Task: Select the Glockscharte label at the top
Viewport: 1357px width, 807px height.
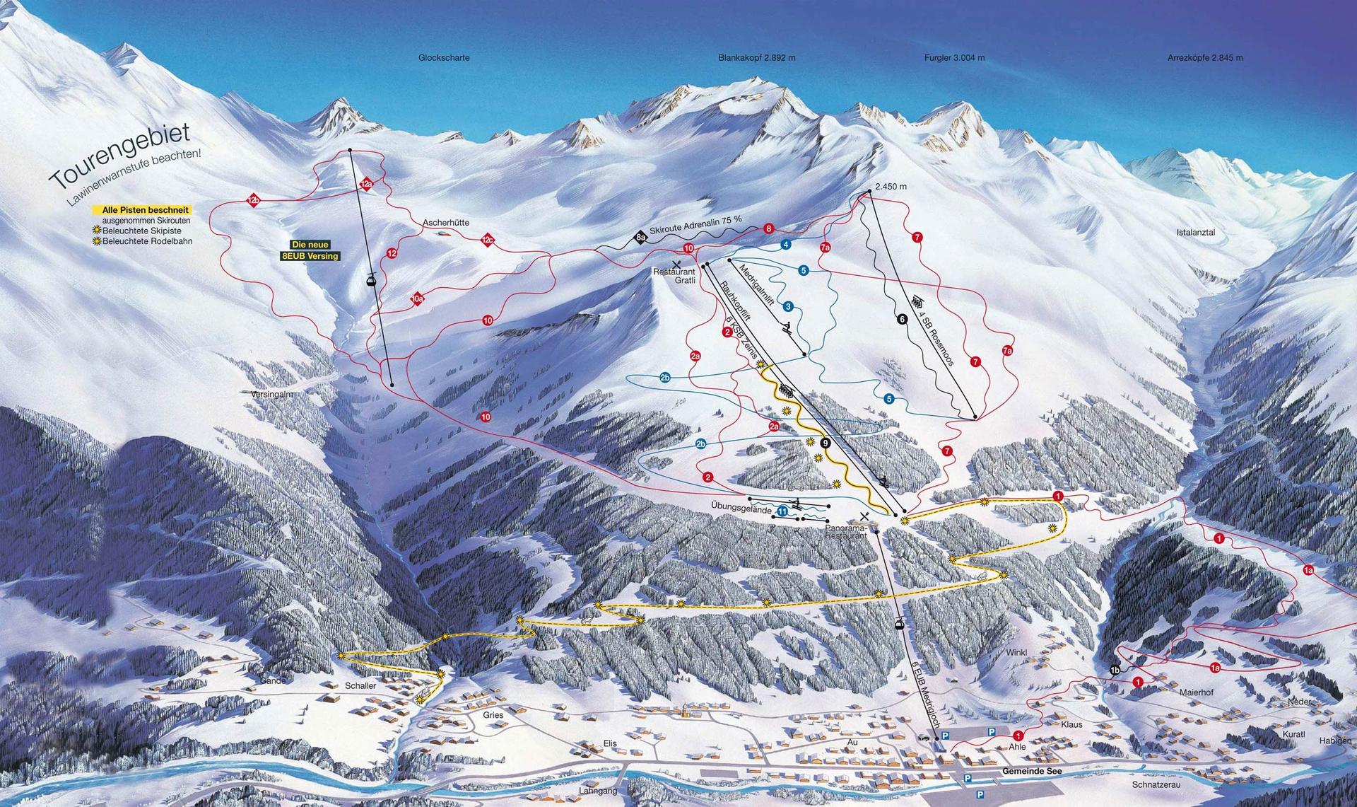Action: pyautogui.click(x=444, y=58)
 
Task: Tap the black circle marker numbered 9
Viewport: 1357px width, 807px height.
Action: pyautogui.click(x=826, y=443)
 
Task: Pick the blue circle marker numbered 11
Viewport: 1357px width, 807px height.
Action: pyautogui.click(x=782, y=510)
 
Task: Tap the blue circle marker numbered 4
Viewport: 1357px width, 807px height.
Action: pyautogui.click(x=785, y=245)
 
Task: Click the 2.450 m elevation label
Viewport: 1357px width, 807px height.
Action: pyautogui.click(x=890, y=187)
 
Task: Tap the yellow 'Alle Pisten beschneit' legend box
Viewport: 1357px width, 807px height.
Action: pyautogui.click(x=142, y=210)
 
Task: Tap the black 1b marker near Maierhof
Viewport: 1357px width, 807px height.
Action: pyautogui.click(x=1115, y=670)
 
